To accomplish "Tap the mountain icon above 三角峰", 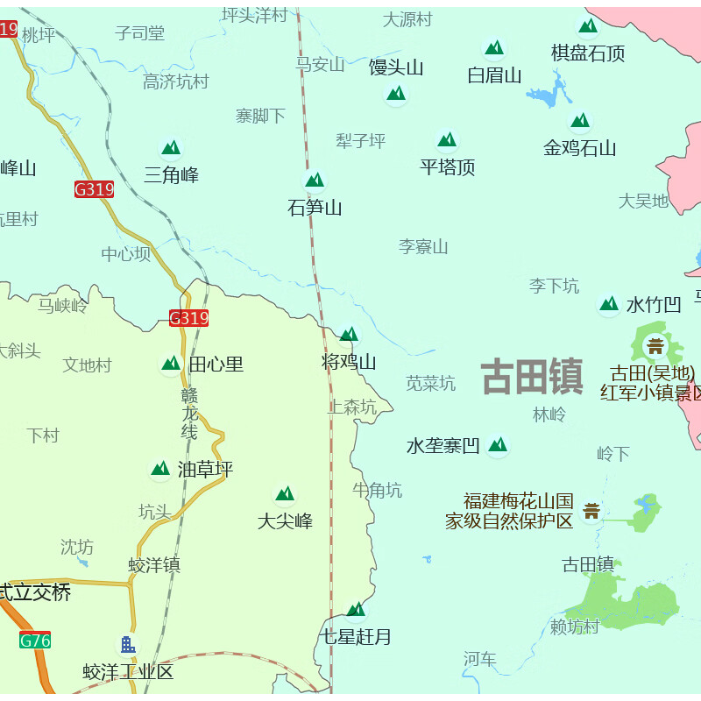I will [x=171, y=147].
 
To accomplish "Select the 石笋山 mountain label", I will [x=315, y=208].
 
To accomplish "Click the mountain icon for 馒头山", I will [x=396, y=93].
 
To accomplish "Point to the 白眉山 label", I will [x=494, y=75].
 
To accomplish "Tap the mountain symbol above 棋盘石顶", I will [x=587, y=26].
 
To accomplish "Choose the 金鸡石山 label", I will [x=579, y=148].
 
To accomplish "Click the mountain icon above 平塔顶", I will [x=448, y=139].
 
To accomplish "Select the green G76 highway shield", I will [x=35, y=641].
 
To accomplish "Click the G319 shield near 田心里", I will [x=188, y=318].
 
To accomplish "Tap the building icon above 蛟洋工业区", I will [x=128, y=646].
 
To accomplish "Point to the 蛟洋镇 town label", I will [x=154, y=565].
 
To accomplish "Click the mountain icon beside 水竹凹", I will [x=608, y=304].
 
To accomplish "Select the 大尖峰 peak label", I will [x=285, y=521].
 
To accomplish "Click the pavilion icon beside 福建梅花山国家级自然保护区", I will [x=591, y=510].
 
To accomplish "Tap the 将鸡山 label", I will [x=349, y=362].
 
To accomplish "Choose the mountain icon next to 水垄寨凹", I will [x=498, y=445].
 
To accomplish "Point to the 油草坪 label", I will [x=205, y=470].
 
